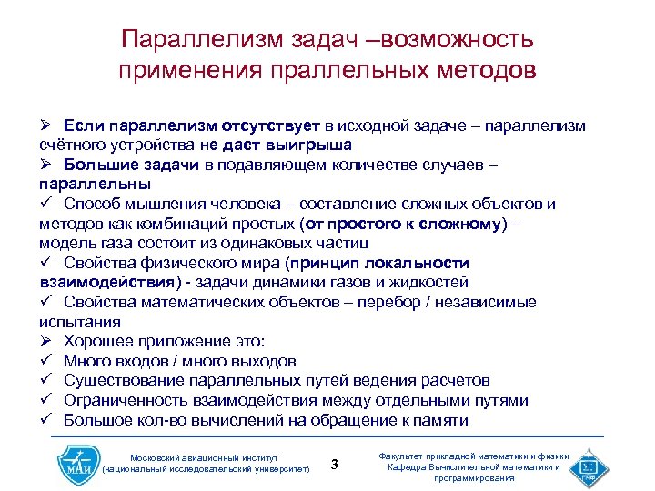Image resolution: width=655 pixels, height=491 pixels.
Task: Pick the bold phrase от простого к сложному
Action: pos(400,224)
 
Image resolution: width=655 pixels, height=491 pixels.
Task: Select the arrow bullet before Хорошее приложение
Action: pos(46,342)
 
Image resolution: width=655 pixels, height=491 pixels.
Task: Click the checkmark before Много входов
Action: pos(45,361)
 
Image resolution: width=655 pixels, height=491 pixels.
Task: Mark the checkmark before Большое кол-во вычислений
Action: pos(45,420)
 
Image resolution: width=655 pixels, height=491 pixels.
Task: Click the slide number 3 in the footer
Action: pos(335,466)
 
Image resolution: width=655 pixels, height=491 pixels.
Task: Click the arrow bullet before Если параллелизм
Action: pos(46,125)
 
